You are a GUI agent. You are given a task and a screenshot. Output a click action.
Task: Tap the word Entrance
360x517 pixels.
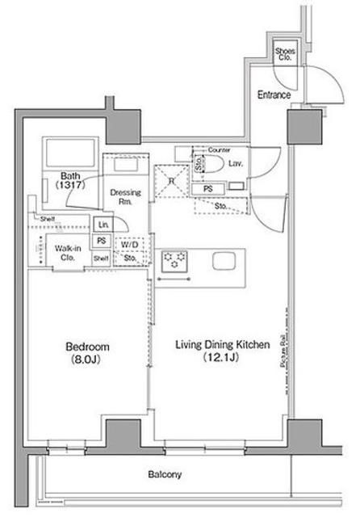click(x=274, y=95)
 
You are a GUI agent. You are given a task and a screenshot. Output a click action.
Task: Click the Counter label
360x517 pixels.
click(x=219, y=150)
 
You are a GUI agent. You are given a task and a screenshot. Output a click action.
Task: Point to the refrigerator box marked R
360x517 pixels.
click(x=170, y=179)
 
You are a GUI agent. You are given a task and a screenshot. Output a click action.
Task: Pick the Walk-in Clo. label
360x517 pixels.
click(x=68, y=253)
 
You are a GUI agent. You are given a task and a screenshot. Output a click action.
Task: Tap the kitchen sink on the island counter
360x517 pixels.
click(x=224, y=262)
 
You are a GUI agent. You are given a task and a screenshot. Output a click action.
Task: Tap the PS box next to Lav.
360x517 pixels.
click(x=207, y=188)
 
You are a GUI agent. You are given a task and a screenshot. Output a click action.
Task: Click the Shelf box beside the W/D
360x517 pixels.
click(x=101, y=258)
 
